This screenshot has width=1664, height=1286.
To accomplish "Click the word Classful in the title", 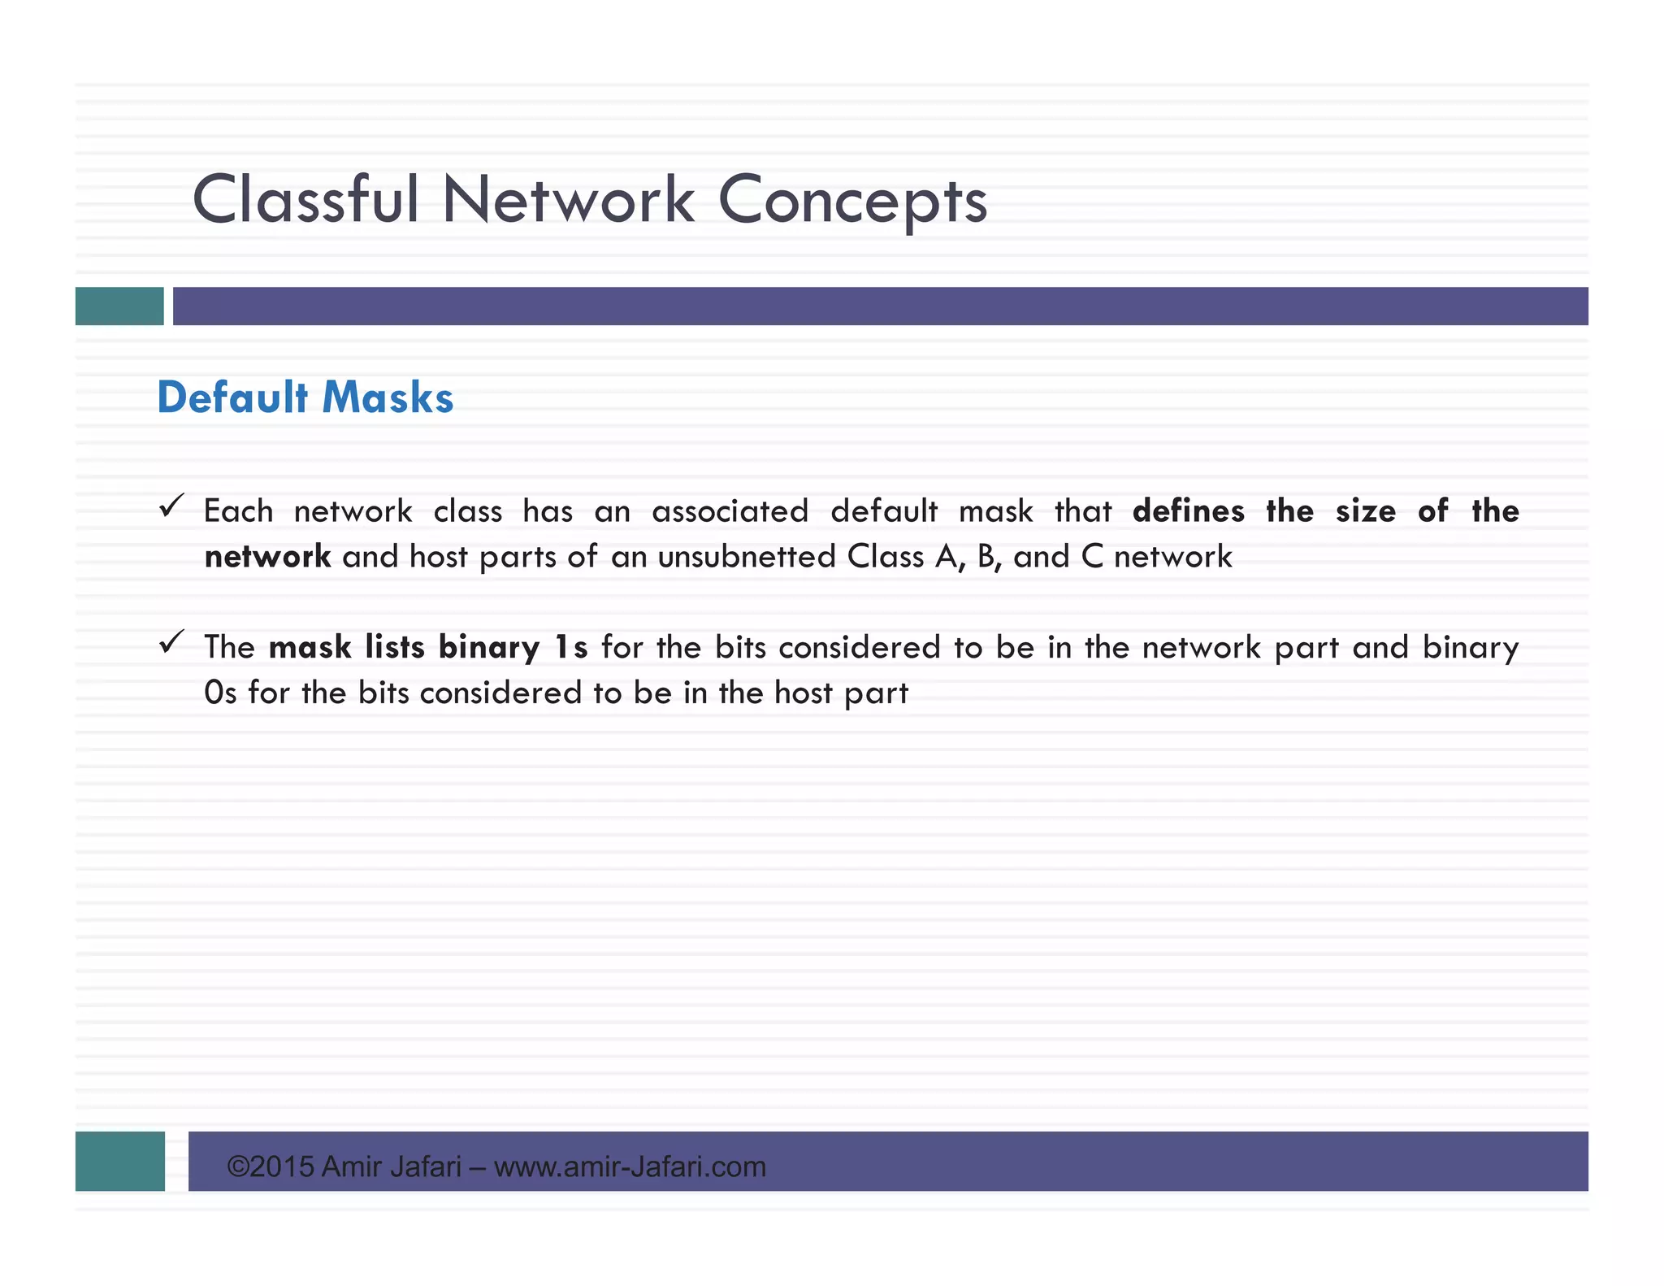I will pyautogui.click(x=305, y=200).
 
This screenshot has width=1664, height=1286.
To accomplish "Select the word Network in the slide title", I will pyautogui.click(x=568, y=200).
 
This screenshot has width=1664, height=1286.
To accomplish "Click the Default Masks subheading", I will pyautogui.click(x=305, y=398).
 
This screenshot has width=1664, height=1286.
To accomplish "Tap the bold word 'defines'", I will pyautogui.click(x=1188, y=511).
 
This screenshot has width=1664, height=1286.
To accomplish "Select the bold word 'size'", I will pyautogui.click(x=1365, y=511).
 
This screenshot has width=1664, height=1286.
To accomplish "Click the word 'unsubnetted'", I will pyautogui.click(x=747, y=557).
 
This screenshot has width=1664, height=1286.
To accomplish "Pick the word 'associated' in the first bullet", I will pyautogui.click(x=730, y=511).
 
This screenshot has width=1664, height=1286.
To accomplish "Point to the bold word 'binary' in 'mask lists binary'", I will pyautogui.click(x=489, y=648).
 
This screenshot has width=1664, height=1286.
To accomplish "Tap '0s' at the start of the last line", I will pyautogui.click(x=220, y=693).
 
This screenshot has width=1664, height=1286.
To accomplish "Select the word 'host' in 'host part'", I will pyautogui.click(x=803, y=693).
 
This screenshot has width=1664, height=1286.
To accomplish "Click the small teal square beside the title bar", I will pyautogui.click(x=119, y=306).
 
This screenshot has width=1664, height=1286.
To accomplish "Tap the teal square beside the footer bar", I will pyautogui.click(x=120, y=1161).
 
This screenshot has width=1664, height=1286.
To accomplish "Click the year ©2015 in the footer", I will pyautogui.click(x=271, y=1167).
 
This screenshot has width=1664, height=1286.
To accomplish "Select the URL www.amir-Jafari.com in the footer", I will pyautogui.click(x=630, y=1167).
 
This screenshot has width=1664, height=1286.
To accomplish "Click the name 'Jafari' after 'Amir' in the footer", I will pyautogui.click(x=425, y=1167).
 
